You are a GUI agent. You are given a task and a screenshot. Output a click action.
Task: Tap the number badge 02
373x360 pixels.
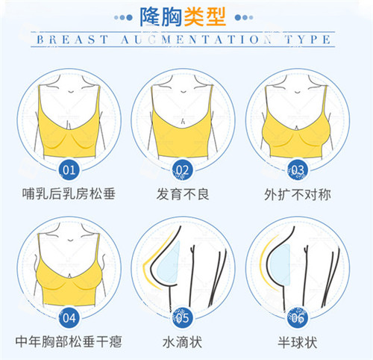pyautogui.click(x=184, y=170)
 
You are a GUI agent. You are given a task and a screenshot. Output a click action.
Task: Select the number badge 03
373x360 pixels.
pyautogui.click(x=297, y=170)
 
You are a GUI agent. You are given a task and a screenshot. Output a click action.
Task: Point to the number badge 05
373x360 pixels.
pyautogui.click(x=184, y=317)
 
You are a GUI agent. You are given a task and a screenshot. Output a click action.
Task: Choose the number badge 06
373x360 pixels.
pyautogui.click(x=297, y=317)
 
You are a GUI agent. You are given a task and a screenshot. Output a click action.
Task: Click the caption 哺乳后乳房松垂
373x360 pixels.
pyautogui.click(x=69, y=196)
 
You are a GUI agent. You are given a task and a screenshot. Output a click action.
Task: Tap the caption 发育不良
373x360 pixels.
pyautogui.click(x=184, y=196)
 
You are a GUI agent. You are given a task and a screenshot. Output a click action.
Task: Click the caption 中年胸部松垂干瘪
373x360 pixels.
pyautogui.click(x=69, y=344)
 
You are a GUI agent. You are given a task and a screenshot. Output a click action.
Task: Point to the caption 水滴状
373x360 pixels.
pyautogui.click(x=184, y=344)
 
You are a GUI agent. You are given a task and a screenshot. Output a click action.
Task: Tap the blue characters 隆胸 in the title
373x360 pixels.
pyautogui.click(x=162, y=14)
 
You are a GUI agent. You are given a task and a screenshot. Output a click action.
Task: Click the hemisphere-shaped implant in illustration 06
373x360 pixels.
pyautogui.click(x=278, y=258)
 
